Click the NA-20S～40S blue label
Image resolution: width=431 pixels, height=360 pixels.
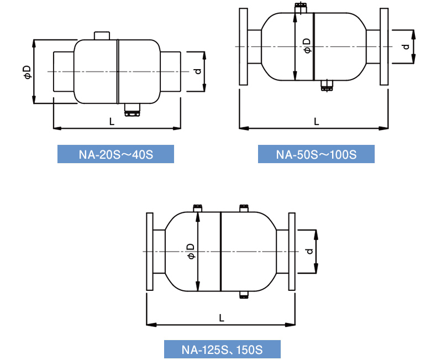tap(115, 154)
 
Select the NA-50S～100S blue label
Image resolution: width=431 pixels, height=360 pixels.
tap(316, 154)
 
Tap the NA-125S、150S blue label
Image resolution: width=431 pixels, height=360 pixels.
tap(222, 349)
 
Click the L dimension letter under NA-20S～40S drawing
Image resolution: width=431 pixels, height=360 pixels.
tap(112, 121)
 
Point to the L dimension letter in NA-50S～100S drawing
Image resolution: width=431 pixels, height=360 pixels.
tap(317, 121)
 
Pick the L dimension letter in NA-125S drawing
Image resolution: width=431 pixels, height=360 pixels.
tap(222, 318)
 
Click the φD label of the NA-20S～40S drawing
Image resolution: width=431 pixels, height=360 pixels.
tap(28, 72)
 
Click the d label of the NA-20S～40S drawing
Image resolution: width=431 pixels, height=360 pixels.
tap(198, 71)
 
